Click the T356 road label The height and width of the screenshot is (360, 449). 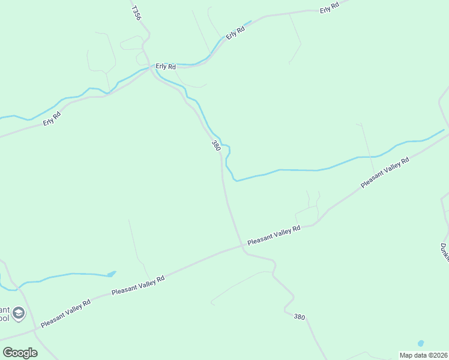click(x=136, y=13)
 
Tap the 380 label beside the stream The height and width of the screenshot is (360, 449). click(x=216, y=146)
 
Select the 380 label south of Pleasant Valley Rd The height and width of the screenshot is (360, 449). click(x=300, y=316)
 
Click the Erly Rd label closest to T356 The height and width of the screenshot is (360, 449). click(x=165, y=66)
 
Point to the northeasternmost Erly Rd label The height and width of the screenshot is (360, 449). click(x=330, y=8)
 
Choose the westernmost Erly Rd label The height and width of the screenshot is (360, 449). click(x=52, y=119)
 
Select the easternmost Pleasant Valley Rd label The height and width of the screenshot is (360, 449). click(x=385, y=173)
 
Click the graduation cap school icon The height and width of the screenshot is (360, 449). click(x=19, y=313)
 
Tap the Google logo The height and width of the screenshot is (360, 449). click(x=20, y=352)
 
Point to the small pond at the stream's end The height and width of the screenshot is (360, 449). click(x=111, y=274)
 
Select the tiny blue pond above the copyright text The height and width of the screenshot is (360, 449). click(x=420, y=343)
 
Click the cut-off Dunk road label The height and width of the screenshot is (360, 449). click(x=444, y=252)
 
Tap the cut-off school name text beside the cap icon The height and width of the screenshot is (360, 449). click(x=5, y=312)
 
